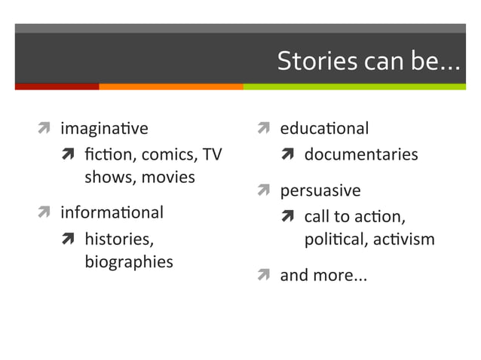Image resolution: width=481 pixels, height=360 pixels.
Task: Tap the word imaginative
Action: click(x=105, y=129)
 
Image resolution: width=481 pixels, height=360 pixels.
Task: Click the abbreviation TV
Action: click(x=213, y=155)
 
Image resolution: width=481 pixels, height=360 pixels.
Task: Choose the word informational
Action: click(x=112, y=212)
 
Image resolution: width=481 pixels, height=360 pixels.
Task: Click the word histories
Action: click(x=119, y=239)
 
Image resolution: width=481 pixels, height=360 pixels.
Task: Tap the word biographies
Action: click(x=128, y=262)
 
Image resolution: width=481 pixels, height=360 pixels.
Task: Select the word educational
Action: click(x=324, y=129)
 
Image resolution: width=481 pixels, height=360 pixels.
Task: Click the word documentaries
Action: click(x=360, y=155)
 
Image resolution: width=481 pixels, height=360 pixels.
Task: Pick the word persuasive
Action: click(x=320, y=191)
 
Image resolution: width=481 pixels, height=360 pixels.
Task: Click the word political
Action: click(x=336, y=239)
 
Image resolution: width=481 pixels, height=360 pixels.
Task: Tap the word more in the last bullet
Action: click(x=332, y=276)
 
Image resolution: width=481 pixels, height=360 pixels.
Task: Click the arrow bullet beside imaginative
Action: click(x=44, y=129)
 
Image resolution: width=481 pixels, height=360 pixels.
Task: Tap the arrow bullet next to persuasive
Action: click(x=264, y=191)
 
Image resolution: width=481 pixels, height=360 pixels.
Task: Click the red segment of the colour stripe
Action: click(x=57, y=86)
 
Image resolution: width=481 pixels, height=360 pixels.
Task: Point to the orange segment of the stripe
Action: click(x=170, y=86)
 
